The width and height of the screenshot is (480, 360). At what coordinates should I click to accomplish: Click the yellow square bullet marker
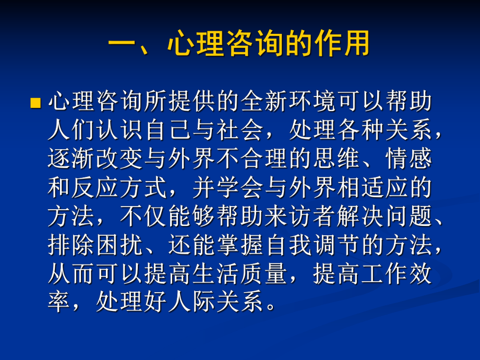coord(35,102)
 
